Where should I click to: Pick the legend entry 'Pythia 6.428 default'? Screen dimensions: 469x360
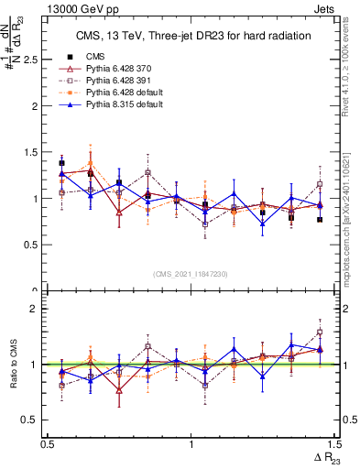click(130, 93)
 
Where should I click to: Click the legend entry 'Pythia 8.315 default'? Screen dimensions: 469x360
click(130, 104)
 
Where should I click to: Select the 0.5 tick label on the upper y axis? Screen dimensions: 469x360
click(33, 245)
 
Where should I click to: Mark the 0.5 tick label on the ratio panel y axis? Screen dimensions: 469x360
click(33, 420)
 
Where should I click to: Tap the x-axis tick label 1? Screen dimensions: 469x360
click(191, 443)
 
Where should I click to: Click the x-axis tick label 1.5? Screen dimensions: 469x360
click(333, 443)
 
